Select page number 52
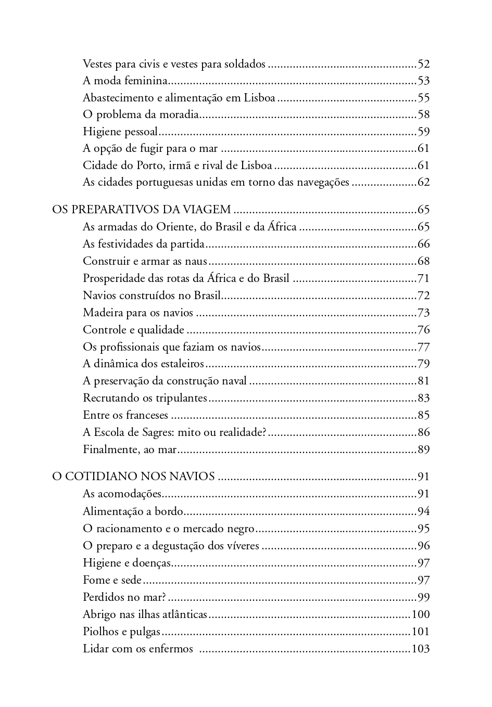pyautogui.click(x=423, y=64)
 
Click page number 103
pyautogui.click(x=420, y=649)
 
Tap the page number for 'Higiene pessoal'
pyautogui.click(x=423, y=132)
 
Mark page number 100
pyautogui.click(x=420, y=614)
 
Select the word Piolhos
pyautogui.click(x=101, y=632)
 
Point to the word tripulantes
pyautogui.click(x=182, y=398)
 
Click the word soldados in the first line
pyautogui.click(x=245, y=64)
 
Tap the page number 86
pyautogui.click(x=423, y=432)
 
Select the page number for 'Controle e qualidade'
pyautogui.click(x=423, y=330)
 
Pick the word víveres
pyautogui.click(x=242, y=546)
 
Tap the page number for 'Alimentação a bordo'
pyautogui.click(x=423, y=511)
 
